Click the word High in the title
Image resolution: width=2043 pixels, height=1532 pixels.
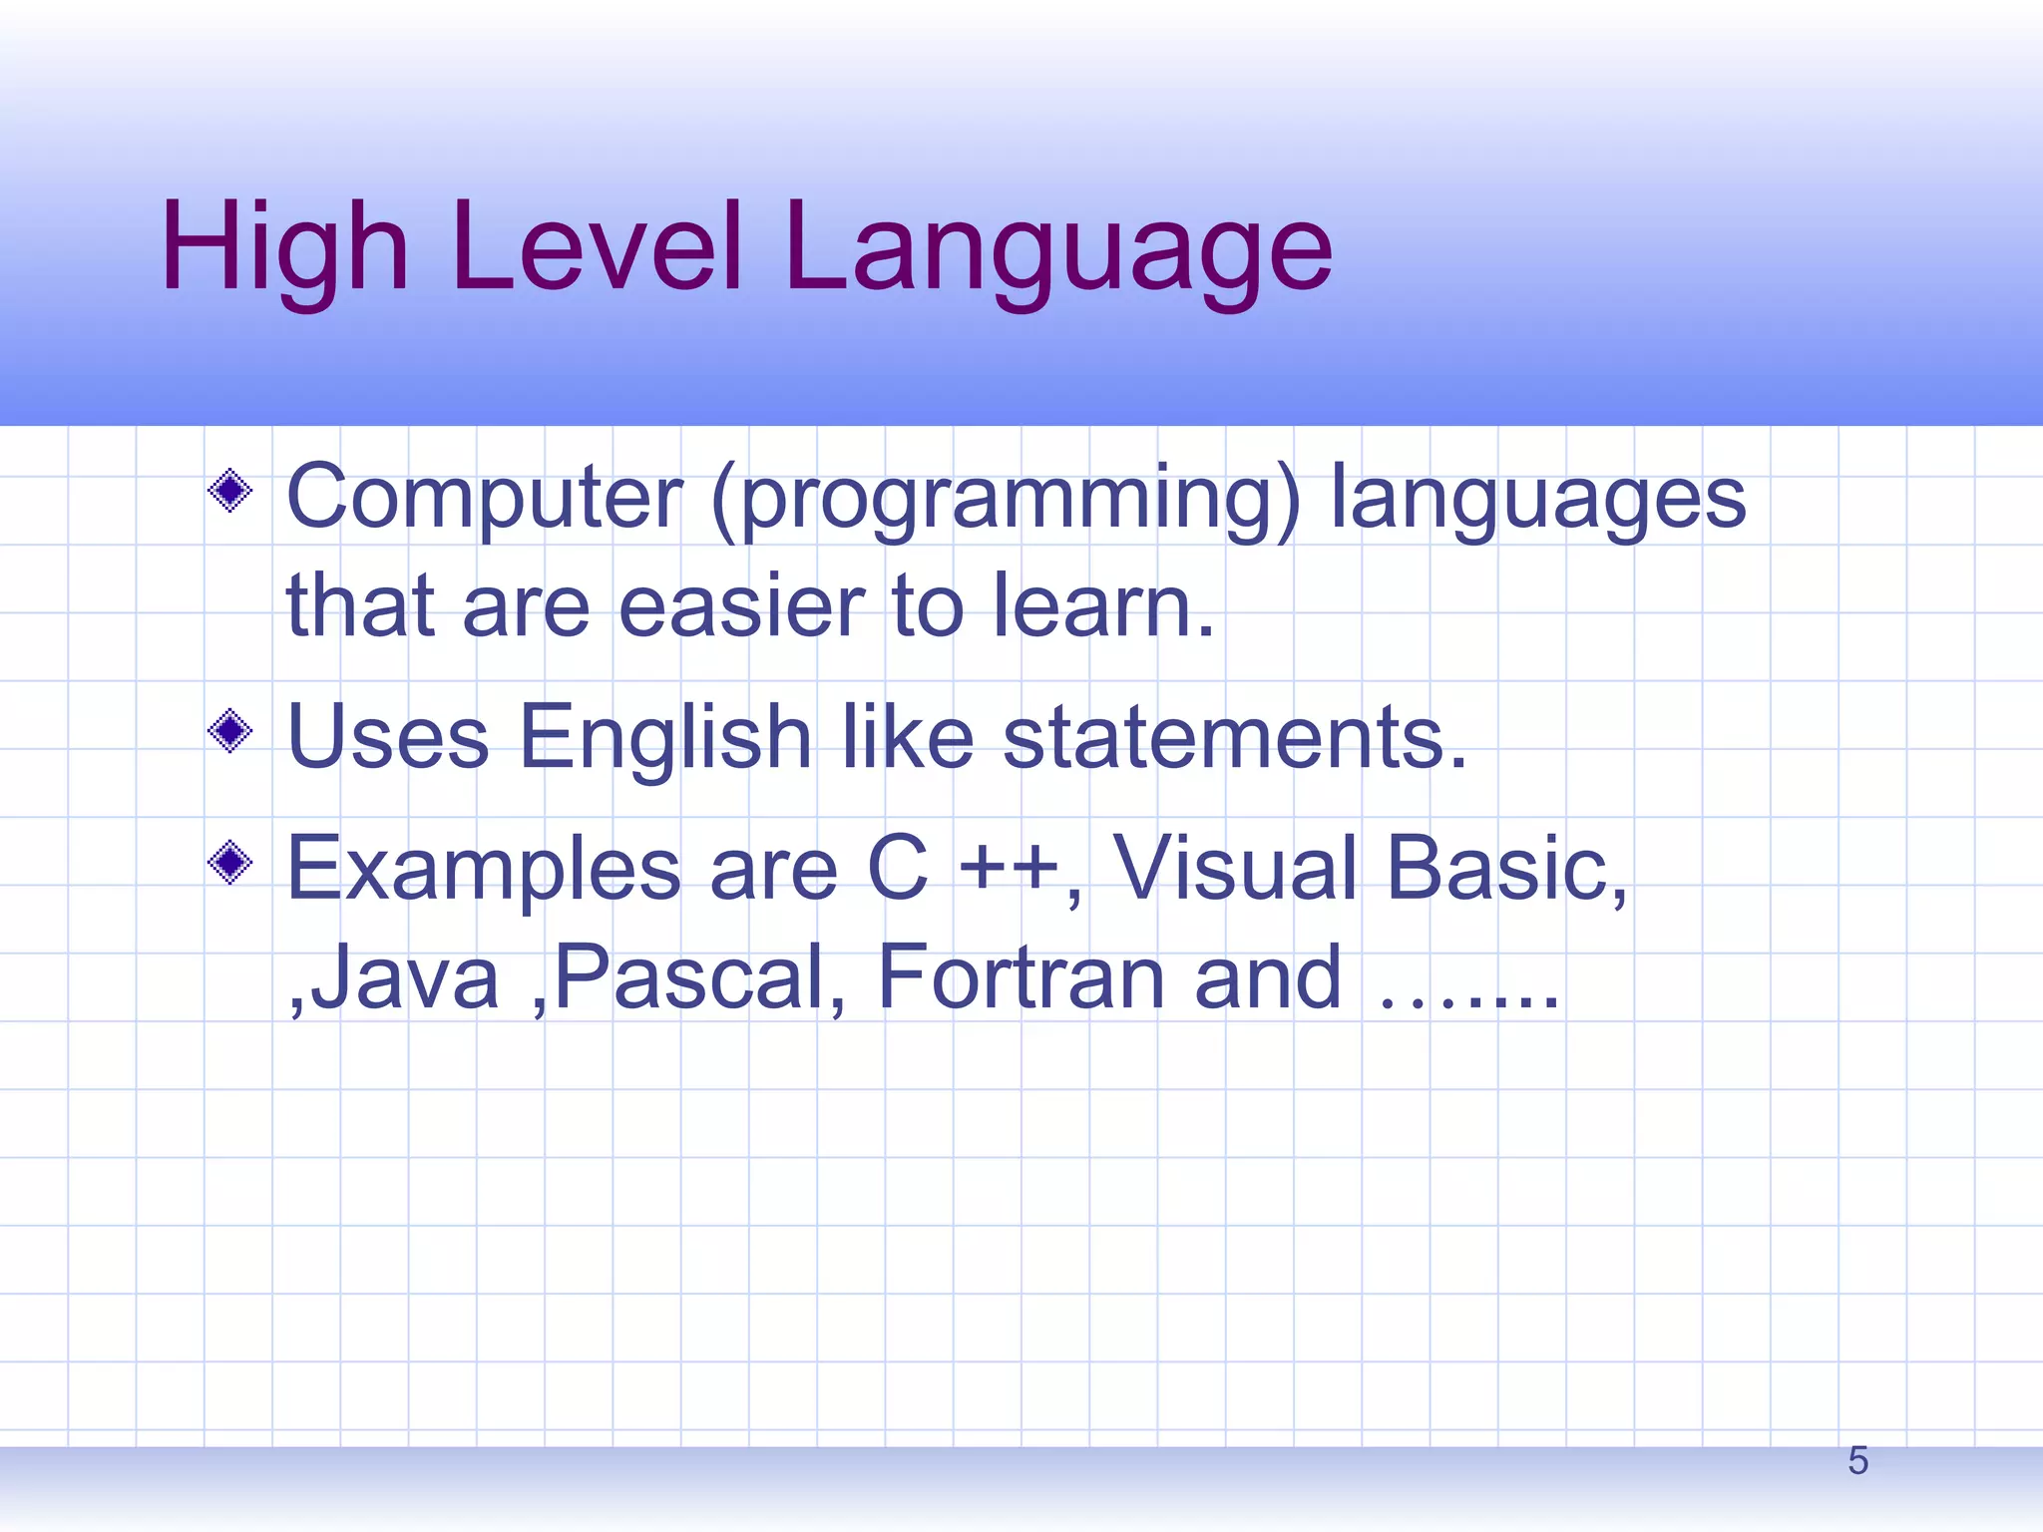point(284,247)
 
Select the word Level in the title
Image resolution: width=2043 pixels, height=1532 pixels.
point(597,247)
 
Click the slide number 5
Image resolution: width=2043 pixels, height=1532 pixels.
point(1857,1461)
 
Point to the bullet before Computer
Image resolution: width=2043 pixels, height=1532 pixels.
point(230,491)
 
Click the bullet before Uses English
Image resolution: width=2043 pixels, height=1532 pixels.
point(230,732)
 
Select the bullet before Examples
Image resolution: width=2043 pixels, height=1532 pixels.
point(230,863)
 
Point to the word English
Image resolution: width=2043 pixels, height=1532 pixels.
point(665,738)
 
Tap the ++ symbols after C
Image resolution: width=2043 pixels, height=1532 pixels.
point(1008,868)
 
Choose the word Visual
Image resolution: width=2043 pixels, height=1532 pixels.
point(1235,868)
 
